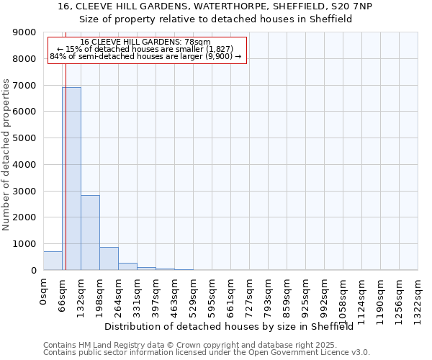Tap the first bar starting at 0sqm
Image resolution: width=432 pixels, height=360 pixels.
[x=53, y=261]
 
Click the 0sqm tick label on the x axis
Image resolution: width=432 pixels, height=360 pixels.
[x=44, y=292]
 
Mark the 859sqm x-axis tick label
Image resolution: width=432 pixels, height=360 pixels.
[x=287, y=295]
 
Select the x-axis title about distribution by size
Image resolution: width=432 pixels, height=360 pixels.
[x=233, y=326]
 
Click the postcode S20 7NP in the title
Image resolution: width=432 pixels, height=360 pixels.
[x=371, y=6]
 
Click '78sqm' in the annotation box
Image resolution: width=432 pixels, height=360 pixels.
[x=197, y=42]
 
